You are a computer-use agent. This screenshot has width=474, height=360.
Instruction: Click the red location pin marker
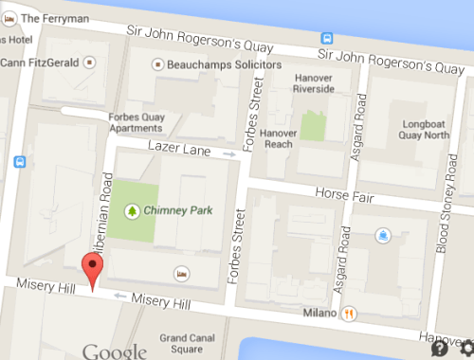[91, 270]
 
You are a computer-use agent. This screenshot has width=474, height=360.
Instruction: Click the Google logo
[114, 352]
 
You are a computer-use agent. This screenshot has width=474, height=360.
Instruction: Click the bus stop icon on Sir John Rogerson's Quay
[326, 39]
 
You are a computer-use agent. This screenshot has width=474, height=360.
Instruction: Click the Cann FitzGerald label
[42, 63]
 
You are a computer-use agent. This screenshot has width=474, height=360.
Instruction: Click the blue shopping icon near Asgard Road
[381, 233]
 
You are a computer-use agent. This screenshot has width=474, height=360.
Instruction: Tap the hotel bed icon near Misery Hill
[181, 273]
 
